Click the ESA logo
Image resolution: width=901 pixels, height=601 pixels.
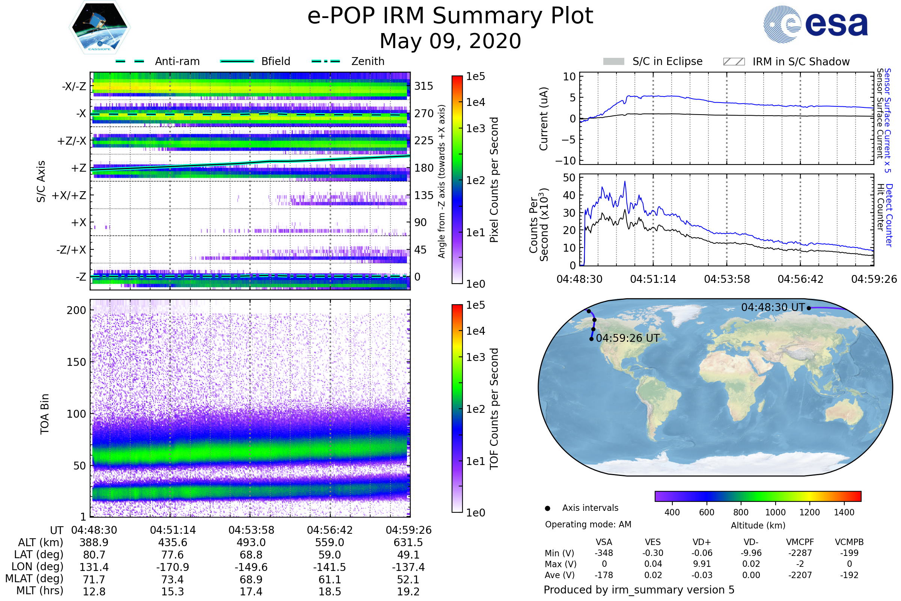[815, 24]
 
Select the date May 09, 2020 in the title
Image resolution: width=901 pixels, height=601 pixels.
[450, 41]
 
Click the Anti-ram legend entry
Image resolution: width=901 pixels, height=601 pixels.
[177, 61]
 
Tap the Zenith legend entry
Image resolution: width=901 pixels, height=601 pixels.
[368, 61]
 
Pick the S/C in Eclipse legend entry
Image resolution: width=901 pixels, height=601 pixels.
[667, 61]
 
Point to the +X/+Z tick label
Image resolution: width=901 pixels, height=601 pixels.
[69, 195]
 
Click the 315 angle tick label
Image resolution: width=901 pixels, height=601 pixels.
[423, 86]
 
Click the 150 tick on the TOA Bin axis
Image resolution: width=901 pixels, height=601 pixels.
[76, 362]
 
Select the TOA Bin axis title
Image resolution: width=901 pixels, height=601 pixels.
[45, 414]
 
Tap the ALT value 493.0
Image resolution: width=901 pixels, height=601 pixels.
[251, 542]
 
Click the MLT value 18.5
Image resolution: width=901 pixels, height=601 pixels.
[330, 591]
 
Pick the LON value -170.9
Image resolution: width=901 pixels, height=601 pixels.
[172, 567]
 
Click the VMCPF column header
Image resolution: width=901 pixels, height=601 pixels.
[800, 542]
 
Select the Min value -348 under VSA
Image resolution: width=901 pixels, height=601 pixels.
[604, 553]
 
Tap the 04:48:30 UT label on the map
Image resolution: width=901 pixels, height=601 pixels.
[773, 307]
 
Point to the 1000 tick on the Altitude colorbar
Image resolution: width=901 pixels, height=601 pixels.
[775, 512]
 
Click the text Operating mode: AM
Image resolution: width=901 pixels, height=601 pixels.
[588, 524]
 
